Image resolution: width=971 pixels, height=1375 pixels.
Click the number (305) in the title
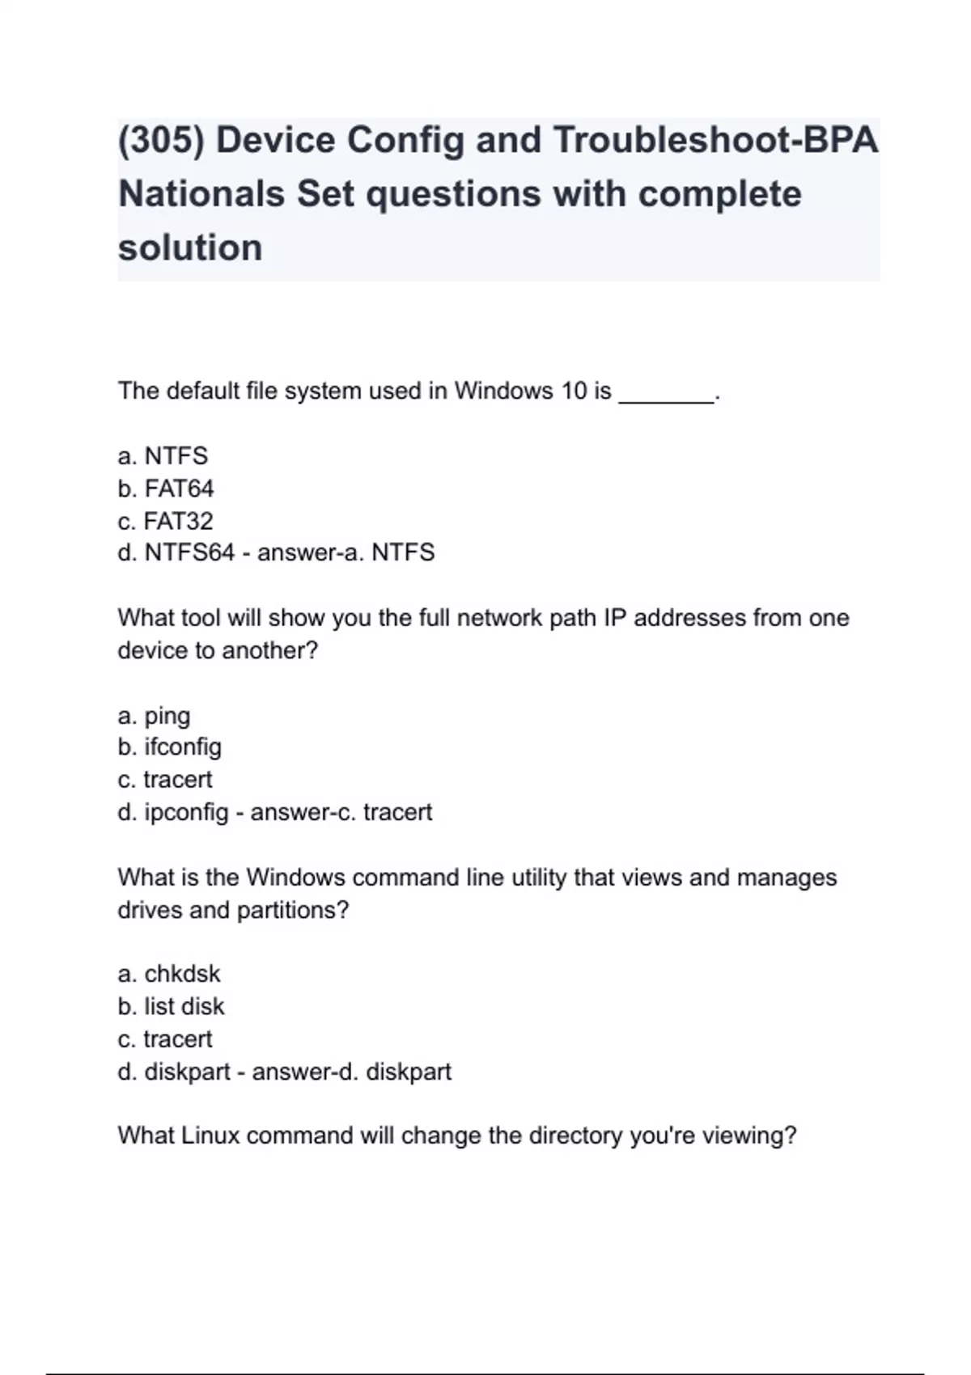(x=160, y=141)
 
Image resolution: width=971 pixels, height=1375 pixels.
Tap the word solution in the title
(x=190, y=247)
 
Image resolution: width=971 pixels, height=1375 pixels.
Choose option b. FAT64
(x=166, y=489)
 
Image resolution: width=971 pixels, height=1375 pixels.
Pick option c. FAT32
(x=165, y=521)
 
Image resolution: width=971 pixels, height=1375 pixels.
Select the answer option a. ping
(x=154, y=717)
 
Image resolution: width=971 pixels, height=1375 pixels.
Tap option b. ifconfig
(x=169, y=747)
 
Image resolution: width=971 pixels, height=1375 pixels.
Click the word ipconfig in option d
(x=186, y=813)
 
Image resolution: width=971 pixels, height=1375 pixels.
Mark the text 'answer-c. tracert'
(x=341, y=812)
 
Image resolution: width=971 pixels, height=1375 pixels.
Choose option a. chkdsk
(x=168, y=974)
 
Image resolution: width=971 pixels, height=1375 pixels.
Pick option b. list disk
(x=171, y=1007)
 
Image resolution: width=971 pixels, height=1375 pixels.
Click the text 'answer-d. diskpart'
(x=351, y=1072)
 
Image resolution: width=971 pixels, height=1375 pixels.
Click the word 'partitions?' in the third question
(x=292, y=911)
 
